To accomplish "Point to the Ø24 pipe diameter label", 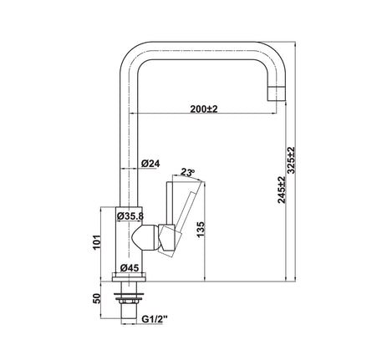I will pos(151,164).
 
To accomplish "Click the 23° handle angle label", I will pos(187,172).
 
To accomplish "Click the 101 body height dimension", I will pos(98,242).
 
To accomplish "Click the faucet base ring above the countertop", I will pos(130,276).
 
